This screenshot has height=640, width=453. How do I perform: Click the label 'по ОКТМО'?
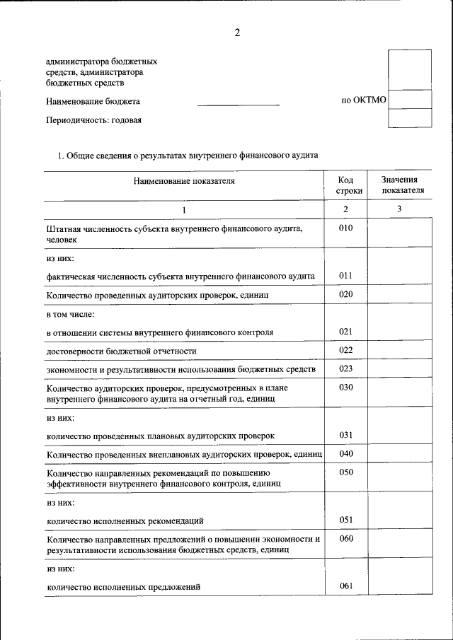pyautogui.click(x=364, y=100)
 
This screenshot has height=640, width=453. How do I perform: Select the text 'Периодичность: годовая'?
pyautogui.click(x=94, y=120)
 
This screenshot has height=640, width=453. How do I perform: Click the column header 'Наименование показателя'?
pyautogui.click(x=184, y=181)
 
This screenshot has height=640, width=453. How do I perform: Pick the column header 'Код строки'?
pyautogui.click(x=345, y=185)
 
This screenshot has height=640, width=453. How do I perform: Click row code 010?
pyautogui.click(x=345, y=228)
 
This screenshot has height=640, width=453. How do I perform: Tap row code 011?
pyautogui.click(x=345, y=275)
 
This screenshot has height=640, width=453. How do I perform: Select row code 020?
pyautogui.click(x=345, y=294)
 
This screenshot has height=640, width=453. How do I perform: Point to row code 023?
pyautogui.click(x=345, y=368)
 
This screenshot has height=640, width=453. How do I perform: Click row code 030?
pyautogui.click(x=345, y=388)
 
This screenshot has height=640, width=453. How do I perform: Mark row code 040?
pyautogui.click(x=345, y=453)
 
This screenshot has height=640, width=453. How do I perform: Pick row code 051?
pyautogui.click(x=345, y=520)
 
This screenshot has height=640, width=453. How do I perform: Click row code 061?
pyautogui.click(x=345, y=586)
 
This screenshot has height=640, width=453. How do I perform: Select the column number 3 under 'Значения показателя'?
pyautogui.click(x=399, y=209)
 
